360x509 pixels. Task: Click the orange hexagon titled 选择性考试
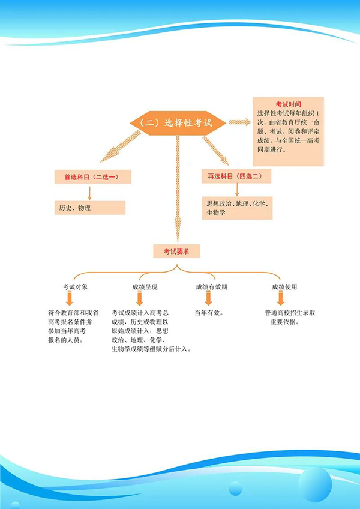point(178,122)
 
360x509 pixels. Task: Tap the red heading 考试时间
point(288,104)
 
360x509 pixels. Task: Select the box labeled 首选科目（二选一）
point(89,177)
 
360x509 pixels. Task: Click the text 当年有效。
point(209,313)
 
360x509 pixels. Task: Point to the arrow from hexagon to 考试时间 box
point(240,122)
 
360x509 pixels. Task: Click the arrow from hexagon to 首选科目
point(119,147)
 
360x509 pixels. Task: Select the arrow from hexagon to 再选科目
point(215,150)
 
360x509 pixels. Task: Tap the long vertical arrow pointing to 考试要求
point(178,186)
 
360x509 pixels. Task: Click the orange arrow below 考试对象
point(70,298)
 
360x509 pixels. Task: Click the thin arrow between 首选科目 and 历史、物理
point(89,193)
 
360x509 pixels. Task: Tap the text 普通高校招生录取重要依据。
point(290,317)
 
